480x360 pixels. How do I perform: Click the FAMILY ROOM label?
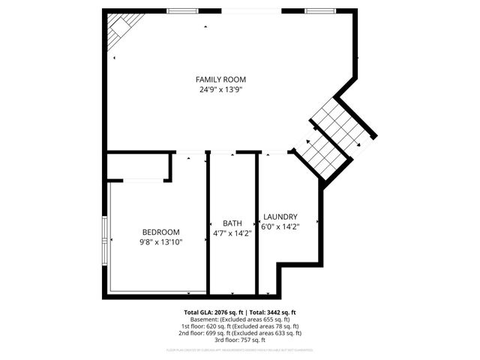pos(220,79)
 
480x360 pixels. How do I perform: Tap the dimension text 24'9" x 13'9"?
pos(220,89)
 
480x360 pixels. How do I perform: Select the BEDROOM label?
pos(161,232)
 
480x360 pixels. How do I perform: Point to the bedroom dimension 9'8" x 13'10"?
pos(161,241)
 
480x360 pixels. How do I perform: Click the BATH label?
pos(232,223)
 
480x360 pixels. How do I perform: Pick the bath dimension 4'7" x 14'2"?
pos(232,233)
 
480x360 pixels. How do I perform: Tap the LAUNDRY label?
pos(280,216)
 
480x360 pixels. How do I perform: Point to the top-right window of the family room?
pos(318,10)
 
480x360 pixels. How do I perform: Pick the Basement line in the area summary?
pos(240,319)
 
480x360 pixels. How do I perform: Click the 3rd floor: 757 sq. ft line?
pos(240,340)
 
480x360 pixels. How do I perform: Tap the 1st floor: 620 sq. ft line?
pos(240,326)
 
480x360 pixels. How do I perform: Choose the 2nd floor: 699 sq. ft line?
pos(240,333)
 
